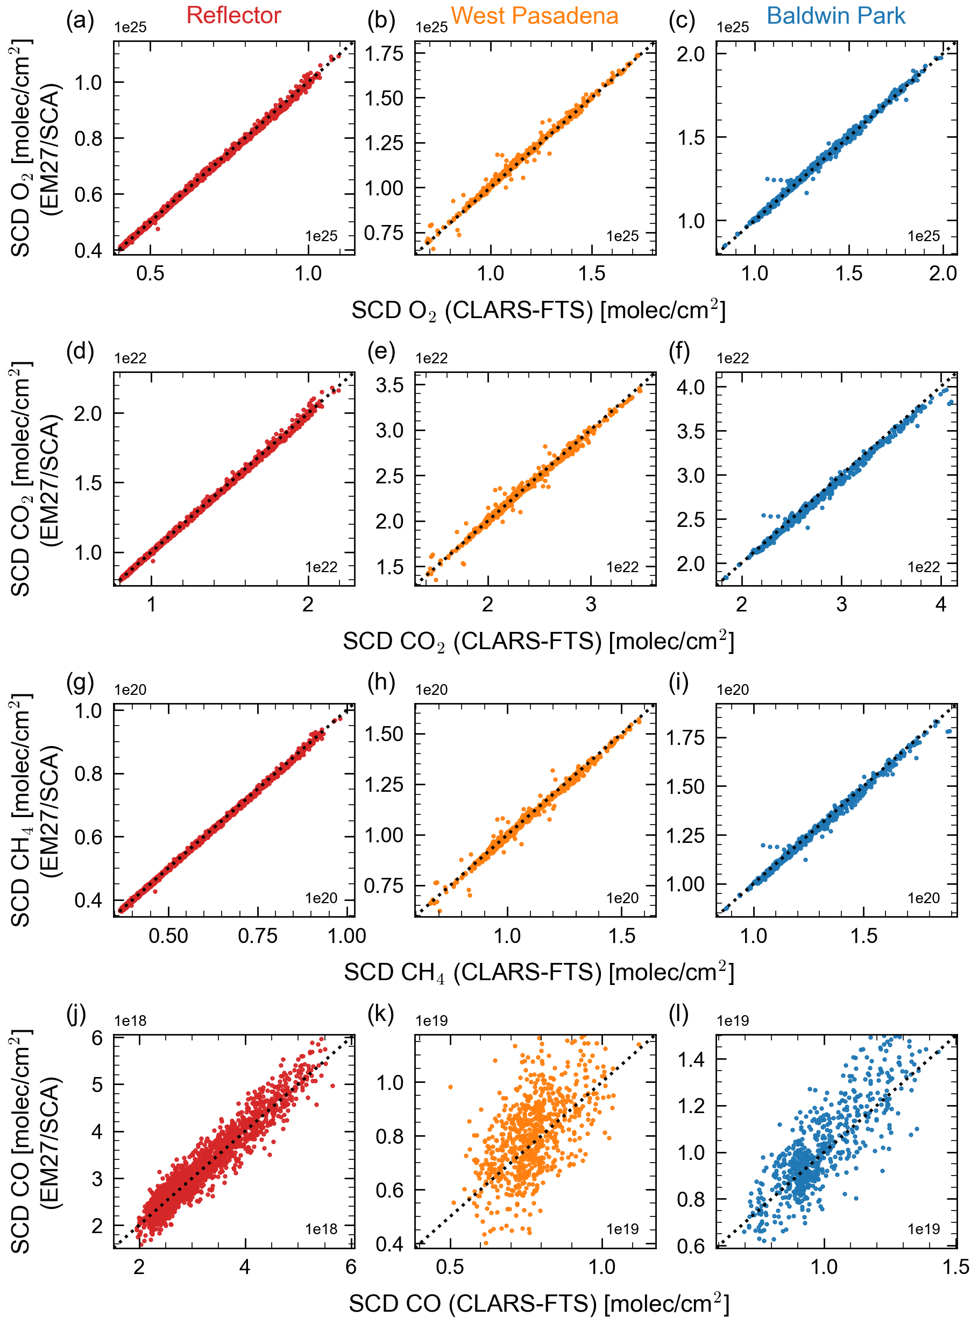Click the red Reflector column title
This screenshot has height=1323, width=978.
233,16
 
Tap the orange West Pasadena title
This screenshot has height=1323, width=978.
534,16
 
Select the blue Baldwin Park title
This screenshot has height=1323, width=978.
835,16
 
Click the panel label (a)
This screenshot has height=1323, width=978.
81,21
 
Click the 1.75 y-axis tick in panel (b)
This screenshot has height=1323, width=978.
384,54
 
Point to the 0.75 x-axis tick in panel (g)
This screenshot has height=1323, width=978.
258,937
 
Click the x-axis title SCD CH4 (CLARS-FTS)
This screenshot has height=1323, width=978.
538,973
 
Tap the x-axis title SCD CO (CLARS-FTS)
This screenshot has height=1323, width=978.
538,1304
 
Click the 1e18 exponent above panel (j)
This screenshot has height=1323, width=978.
130,1021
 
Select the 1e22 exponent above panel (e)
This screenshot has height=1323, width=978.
431,358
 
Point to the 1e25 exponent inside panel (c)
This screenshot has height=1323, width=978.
924,236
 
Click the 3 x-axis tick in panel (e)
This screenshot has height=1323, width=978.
591,604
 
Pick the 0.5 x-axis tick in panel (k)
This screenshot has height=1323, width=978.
450,1266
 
